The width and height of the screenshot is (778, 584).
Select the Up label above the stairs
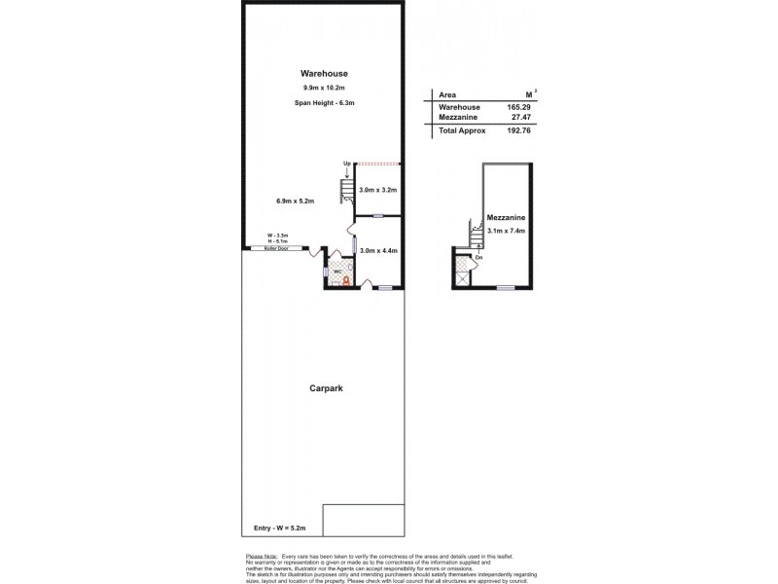pyautogui.click(x=346, y=164)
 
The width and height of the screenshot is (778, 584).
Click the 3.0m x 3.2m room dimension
pyautogui.click(x=378, y=190)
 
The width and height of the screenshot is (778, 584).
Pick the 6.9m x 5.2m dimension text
pyautogui.click(x=295, y=201)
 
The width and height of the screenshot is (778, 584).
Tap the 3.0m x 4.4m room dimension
pyautogui.click(x=378, y=250)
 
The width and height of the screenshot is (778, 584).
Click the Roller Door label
pyautogui.click(x=276, y=248)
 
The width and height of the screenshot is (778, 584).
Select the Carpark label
pyautogui.click(x=326, y=387)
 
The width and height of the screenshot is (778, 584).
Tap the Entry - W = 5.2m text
pyautogui.click(x=281, y=528)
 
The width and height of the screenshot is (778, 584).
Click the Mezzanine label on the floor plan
pyautogui.click(x=506, y=219)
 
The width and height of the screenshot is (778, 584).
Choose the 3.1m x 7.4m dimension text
pyautogui.click(x=506, y=232)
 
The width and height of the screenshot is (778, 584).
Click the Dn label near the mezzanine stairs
pyautogui.click(x=478, y=256)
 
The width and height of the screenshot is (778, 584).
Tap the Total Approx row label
pyautogui.click(x=462, y=130)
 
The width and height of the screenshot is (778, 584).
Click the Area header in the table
pyautogui.click(x=448, y=95)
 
